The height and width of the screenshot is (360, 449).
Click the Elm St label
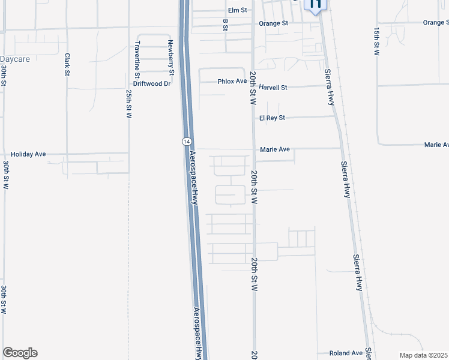238,10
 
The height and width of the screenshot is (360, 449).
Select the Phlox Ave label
232,81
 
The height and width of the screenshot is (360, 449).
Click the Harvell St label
273,87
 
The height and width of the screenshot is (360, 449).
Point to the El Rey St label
272,118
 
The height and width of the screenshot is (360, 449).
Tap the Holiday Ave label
32,154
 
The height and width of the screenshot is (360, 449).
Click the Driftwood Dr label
152,83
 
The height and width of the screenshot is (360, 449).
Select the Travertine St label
137,56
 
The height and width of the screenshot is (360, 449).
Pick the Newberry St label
171,56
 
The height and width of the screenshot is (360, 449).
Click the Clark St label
67,64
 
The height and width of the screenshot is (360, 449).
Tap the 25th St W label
129,104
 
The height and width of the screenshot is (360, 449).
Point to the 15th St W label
377,41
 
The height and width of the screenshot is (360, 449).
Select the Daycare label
15,59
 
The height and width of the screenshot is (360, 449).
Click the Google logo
20,353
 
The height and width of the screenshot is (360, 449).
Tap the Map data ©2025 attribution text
424,355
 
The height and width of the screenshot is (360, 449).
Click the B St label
226,25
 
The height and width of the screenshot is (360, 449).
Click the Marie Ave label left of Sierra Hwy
275,149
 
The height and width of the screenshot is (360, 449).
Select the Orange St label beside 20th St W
274,24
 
